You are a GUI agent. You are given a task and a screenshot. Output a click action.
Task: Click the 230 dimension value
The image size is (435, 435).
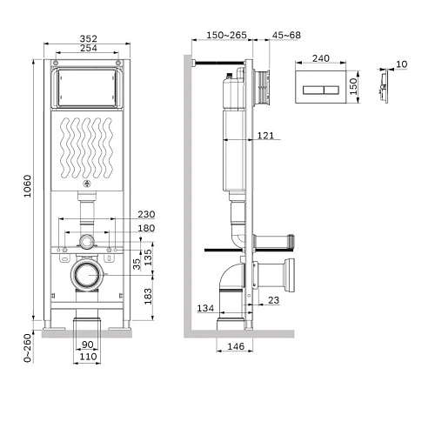click(x=146, y=215)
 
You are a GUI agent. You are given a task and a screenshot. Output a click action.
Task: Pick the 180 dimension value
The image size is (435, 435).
click(x=146, y=229)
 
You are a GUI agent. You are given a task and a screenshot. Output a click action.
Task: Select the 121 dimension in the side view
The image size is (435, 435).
click(x=266, y=136)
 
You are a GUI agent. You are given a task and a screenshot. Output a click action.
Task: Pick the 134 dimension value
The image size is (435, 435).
click(x=204, y=308)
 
